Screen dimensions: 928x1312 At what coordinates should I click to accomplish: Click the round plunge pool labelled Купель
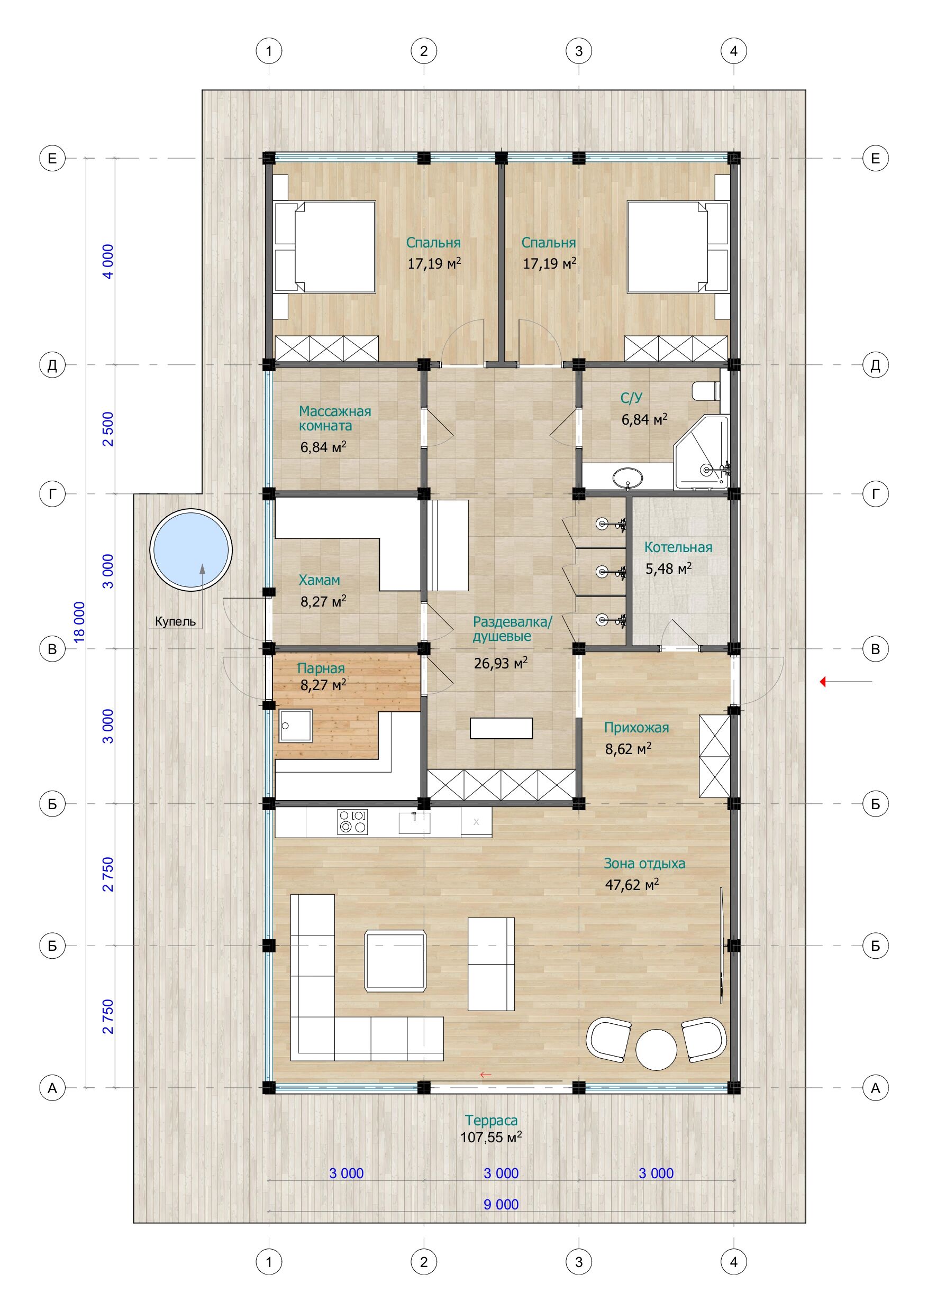tap(191, 550)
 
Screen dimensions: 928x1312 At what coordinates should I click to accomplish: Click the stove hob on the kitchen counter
tap(352, 822)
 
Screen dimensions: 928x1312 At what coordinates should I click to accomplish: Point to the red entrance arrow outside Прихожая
tap(845, 682)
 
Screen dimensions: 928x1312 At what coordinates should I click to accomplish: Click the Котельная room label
tap(678, 547)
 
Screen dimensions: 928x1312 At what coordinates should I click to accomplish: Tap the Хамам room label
tap(319, 580)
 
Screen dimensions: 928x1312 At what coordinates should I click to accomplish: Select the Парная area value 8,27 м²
tap(323, 685)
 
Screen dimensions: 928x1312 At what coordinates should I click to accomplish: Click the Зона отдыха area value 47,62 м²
tap(632, 885)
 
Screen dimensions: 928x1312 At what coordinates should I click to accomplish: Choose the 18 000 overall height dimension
tap(79, 622)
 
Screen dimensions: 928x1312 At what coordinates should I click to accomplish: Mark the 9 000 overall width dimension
tap(501, 1205)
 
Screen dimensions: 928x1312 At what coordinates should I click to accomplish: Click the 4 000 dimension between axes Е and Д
tap(107, 261)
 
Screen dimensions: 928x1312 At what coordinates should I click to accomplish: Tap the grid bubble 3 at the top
tap(579, 51)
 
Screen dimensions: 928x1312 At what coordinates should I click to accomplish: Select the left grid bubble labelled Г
tap(52, 494)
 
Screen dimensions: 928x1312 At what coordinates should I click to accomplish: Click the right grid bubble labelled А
tap(876, 1088)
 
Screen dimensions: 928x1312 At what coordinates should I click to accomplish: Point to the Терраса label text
tap(491, 1121)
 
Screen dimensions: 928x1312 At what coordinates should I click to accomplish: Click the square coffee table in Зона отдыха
tap(396, 961)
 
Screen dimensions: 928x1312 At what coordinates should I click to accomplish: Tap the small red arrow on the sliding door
tap(486, 1075)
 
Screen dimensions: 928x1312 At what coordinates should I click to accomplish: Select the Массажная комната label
tap(335, 418)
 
